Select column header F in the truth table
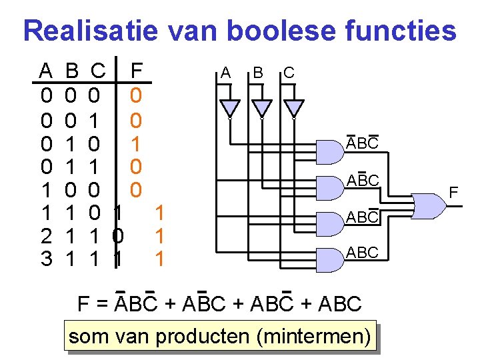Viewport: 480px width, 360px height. click(137, 69)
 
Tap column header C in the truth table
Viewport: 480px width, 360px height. click(97, 69)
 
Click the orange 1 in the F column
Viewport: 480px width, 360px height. click(136, 143)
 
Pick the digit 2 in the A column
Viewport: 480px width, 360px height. click(45, 236)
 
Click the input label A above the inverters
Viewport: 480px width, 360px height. click(225, 72)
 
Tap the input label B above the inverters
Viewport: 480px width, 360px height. click(258, 72)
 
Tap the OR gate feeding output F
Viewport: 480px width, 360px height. click(429, 206)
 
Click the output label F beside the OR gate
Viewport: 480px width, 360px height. click(453, 193)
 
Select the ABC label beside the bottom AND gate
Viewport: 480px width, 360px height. click(362, 253)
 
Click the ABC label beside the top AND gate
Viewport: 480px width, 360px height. click(362, 143)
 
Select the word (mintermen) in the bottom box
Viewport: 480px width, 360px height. click(313, 337)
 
